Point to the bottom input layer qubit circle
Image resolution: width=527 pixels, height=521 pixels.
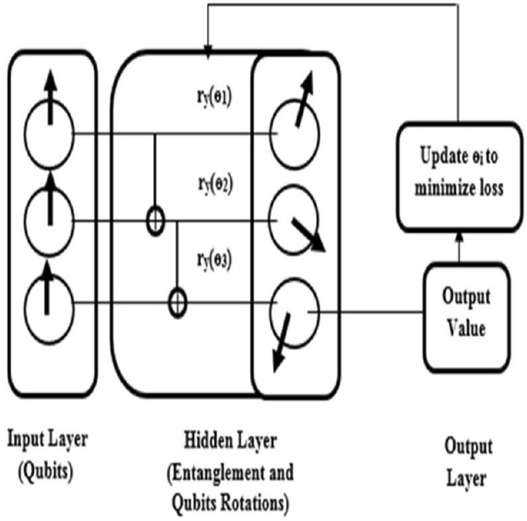tap(47, 304)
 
